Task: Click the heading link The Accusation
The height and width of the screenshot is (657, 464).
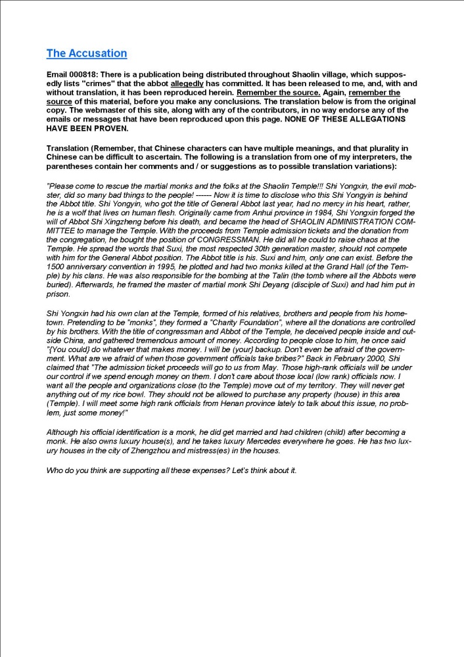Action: [87, 53]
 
